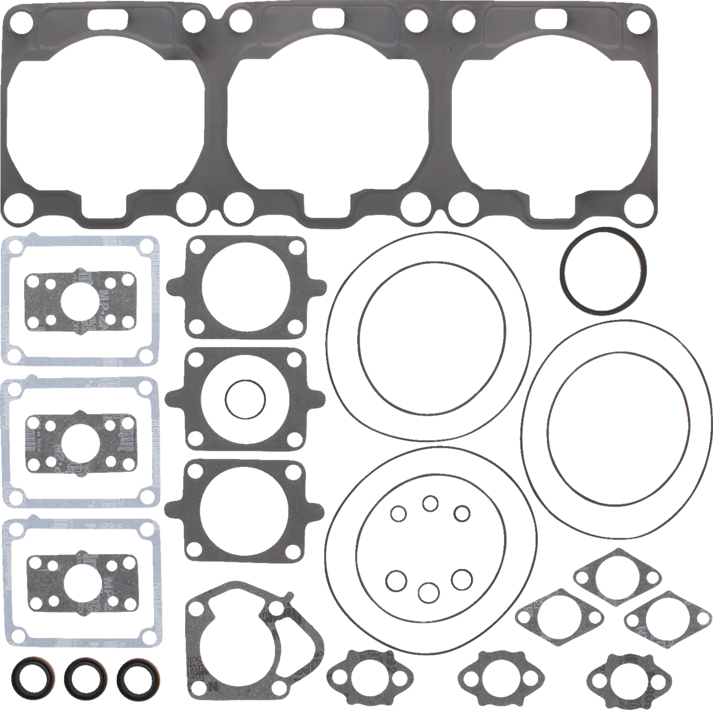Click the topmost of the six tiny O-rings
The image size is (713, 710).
tap(429, 503)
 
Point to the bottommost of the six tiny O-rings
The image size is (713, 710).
tap(428, 591)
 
